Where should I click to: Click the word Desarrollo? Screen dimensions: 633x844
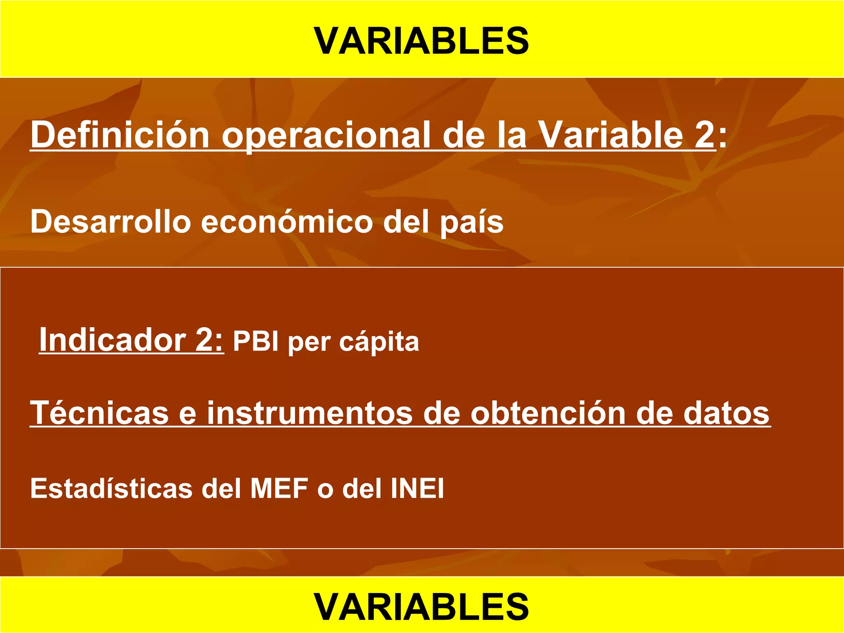click(x=110, y=222)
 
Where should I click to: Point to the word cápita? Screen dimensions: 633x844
click(x=379, y=342)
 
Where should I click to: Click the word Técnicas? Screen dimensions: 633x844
click(x=99, y=413)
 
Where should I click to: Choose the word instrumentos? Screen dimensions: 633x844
click(x=309, y=413)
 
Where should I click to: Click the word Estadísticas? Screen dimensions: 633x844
click(x=111, y=488)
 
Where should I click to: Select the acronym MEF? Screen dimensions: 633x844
click(x=279, y=488)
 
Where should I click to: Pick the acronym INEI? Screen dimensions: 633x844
click(x=417, y=488)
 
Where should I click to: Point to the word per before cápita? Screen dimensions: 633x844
click(x=309, y=343)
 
